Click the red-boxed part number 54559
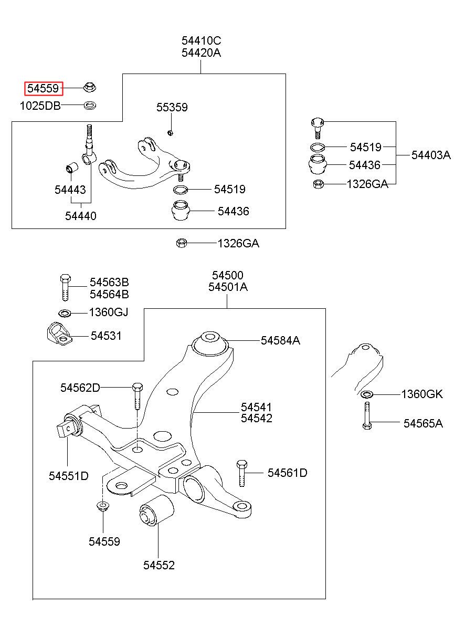point(44,88)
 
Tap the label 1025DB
point(40,106)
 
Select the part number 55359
point(172,107)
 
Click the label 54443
point(70,190)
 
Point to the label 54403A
point(431,155)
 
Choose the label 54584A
point(280,340)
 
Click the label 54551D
point(69,476)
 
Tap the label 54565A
point(423,423)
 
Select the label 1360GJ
point(109,312)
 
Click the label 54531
point(106,336)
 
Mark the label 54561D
point(288,473)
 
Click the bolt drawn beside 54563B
point(66,287)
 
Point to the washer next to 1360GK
point(367,394)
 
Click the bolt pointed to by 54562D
point(138,396)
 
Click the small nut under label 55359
point(170,132)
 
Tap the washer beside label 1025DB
point(90,106)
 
